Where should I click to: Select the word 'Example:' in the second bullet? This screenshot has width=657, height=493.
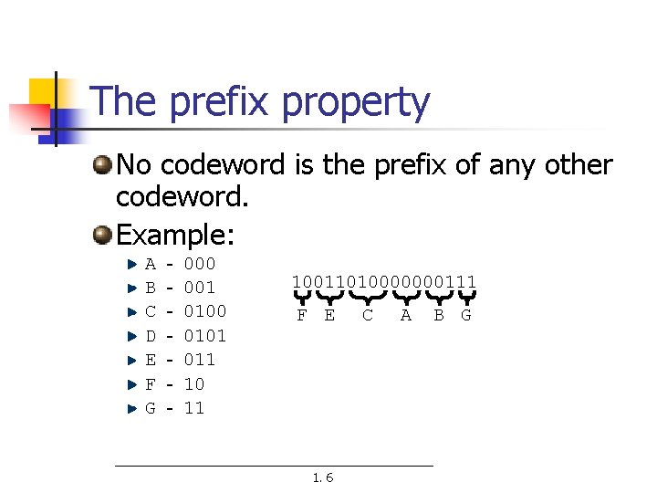pyautogui.click(x=176, y=235)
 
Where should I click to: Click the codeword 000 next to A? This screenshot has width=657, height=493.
pyautogui.click(x=200, y=265)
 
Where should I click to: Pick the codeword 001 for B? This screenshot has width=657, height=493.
pyautogui.click(x=200, y=288)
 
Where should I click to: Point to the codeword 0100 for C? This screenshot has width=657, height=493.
pyautogui.click(x=205, y=311)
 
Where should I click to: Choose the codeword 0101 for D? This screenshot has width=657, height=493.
pyautogui.click(x=205, y=336)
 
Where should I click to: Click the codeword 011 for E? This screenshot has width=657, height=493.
pyautogui.click(x=200, y=360)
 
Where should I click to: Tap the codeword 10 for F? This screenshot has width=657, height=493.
pyautogui.click(x=194, y=383)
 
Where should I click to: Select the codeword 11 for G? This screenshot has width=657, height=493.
pyautogui.click(x=194, y=407)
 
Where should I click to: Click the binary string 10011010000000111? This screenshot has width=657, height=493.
pyautogui.click(x=384, y=281)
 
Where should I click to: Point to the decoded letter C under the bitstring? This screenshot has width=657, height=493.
pyautogui.click(x=367, y=316)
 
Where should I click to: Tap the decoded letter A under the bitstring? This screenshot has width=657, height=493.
pyautogui.click(x=405, y=316)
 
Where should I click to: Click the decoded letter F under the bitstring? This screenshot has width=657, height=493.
pyautogui.click(x=301, y=316)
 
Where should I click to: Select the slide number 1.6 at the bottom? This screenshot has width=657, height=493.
pyautogui.click(x=323, y=477)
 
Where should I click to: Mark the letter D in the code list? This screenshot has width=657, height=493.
pyautogui.click(x=151, y=336)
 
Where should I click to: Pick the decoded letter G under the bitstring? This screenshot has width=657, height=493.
pyautogui.click(x=466, y=316)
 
